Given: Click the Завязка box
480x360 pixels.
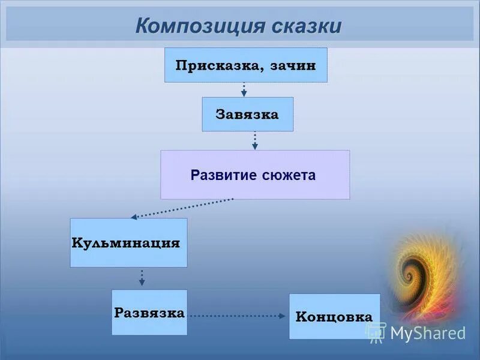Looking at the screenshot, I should pyautogui.click(x=247, y=114).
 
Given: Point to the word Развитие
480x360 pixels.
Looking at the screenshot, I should pyautogui.click(x=224, y=175).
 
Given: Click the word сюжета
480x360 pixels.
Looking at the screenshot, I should pyautogui.click(x=289, y=175).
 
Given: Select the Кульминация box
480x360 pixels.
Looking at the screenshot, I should pyautogui.click(x=128, y=243).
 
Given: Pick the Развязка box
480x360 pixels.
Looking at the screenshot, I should pyautogui.click(x=149, y=313).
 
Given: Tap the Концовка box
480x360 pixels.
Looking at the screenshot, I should pyautogui.click(x=334, y=316).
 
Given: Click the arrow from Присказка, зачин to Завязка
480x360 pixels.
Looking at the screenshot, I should pyautogui.click(x=244, y=89).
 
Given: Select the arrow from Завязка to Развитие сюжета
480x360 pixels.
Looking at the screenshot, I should pyautogui.click(x=255, y=140).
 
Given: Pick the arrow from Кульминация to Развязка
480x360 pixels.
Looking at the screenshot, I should pyautogui.click(x=142, y=277).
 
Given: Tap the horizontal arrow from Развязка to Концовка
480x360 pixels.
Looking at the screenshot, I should pyautogui.click(x=238, y=314).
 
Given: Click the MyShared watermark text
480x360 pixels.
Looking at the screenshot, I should pyautogui.click(x=428, y=332).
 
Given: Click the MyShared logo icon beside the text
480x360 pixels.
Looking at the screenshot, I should pyautogui.click(x=376, y=332).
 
